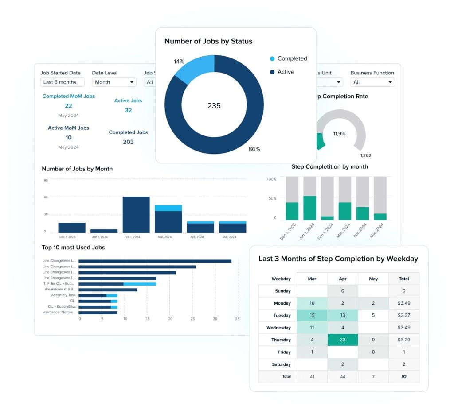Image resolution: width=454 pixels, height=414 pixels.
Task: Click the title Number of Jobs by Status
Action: point(208,41)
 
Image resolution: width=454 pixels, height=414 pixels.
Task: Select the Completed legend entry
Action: point(292,58)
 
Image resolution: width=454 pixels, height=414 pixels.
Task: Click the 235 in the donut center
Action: point(214,106)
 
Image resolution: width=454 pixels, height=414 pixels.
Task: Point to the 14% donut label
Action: point(179,62)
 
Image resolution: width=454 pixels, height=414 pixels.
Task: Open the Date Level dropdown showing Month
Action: point(114,82)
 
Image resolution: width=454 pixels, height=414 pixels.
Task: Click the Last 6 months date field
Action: point(62,82)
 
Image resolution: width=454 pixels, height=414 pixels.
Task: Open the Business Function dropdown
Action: point(372,82)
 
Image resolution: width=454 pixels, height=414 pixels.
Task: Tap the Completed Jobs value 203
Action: point(128,142)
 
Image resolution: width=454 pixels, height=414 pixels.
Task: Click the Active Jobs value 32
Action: point(128,110)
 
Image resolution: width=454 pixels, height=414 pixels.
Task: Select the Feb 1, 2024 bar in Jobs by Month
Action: point(136,215)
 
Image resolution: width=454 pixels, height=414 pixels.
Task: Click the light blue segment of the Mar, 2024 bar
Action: point(168,208)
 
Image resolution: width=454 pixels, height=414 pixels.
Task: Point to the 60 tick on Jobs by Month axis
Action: point(46,197)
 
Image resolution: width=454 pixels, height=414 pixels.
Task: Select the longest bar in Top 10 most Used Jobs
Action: point(155,261)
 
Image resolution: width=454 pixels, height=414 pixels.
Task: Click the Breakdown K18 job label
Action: point(60,290)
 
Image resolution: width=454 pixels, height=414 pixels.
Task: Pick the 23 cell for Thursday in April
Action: point(342,340)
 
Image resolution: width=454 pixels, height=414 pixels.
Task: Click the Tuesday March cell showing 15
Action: point(312,316)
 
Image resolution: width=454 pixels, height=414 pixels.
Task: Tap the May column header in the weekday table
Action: point(373,279)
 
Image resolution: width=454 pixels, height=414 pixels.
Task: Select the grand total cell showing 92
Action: point(403,377)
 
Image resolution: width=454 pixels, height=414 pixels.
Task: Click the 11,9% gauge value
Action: point(340,133)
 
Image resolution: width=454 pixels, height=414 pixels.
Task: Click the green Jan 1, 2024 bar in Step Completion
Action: point(309,208)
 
